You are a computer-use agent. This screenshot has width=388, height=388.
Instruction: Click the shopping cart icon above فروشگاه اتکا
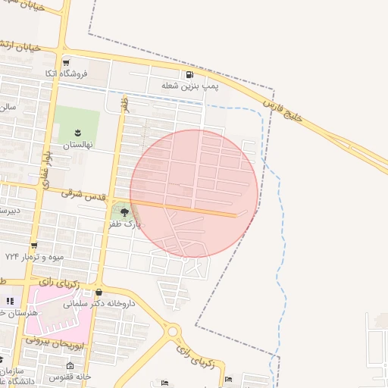coord(66,62)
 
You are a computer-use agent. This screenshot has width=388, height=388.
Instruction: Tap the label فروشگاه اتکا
coord(66,74)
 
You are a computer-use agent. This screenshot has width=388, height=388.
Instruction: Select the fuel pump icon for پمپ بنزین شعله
coord(189,74)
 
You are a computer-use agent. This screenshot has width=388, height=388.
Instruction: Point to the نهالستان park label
coord(77,144)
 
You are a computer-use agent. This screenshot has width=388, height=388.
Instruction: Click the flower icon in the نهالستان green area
coord(77,133)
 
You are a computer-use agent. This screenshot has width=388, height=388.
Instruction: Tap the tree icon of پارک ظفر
coord(124,213)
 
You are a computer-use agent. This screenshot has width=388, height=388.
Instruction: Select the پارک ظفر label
coord(125,224)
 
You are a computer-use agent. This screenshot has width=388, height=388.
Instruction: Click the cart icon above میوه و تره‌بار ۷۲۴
coord(33,245)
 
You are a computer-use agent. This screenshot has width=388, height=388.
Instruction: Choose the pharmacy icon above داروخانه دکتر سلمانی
coord(99,293)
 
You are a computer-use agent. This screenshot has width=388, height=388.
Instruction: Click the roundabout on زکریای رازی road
coord(173,331)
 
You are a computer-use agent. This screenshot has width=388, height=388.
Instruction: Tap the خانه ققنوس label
coord(70,377)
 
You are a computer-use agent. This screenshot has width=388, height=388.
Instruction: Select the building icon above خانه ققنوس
coord(70,366)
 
